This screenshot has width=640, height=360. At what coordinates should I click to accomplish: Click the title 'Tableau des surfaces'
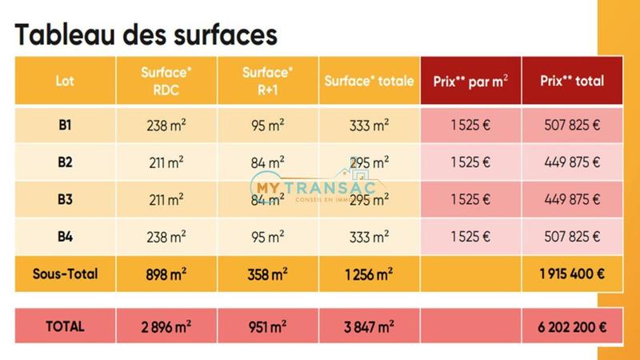[146, 34]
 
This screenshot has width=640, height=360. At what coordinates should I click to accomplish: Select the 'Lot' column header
[65, 81]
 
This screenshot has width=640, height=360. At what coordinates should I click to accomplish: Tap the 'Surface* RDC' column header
[166, 81]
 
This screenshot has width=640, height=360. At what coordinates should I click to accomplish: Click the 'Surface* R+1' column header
[267, 81]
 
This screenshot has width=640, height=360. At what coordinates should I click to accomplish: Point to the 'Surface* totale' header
[369, 81]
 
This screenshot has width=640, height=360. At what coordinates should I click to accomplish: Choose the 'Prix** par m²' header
[470, 81]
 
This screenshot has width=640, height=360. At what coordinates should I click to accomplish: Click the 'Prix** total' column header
[572, 81]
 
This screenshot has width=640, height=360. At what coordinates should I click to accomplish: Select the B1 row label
[65, 125]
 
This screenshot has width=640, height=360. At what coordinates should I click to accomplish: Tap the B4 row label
[65, 236]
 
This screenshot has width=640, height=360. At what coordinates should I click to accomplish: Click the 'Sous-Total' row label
[65, 274]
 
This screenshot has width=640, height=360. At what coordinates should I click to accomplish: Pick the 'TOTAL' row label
[65, 326]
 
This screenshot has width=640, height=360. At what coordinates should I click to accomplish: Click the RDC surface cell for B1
[166, 125]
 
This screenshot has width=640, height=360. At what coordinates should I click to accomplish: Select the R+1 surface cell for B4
[267, 236]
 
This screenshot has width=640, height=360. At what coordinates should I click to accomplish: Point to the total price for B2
[572, 162]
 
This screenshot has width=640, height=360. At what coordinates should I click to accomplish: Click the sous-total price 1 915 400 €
[572, 274]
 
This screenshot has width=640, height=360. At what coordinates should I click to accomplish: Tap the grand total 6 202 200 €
[572, 326]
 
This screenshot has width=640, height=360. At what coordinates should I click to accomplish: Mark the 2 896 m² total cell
[166, 326]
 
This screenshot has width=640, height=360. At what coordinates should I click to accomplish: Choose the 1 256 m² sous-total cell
[369, 274]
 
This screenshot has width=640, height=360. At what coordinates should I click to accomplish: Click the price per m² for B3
[470, 199]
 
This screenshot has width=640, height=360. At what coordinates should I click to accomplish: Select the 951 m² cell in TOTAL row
[267, 326]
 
